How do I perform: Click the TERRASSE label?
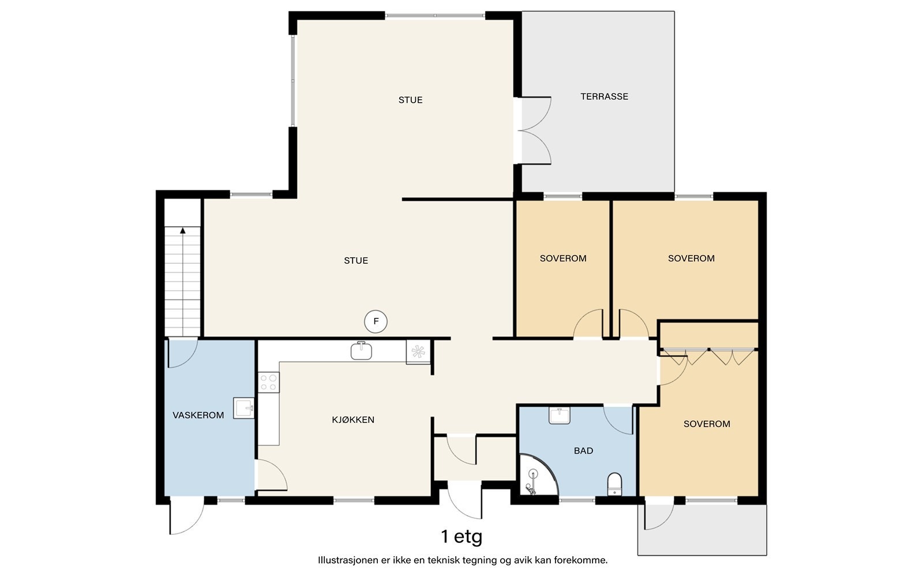coord(604,96)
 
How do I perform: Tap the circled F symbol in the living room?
coord(376,321)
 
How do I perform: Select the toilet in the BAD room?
coord(615,484)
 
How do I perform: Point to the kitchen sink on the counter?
coord(361,351)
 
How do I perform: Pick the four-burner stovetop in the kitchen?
coord(269,382)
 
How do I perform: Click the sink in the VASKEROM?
coord(243,408)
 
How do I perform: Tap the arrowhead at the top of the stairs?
coord(183,231)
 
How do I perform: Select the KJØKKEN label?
coord(353,419)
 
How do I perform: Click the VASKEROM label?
coord(198,415)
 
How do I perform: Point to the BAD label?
coord(583,451)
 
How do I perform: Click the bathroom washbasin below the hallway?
coord(560,415)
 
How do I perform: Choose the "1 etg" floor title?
coord(461,537)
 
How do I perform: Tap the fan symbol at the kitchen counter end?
coord(418,351)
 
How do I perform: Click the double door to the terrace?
coord(534,130)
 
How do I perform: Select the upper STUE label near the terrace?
coord(410,100)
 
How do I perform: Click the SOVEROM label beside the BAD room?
coord(707,424)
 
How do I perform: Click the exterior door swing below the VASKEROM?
coord(187,515)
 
